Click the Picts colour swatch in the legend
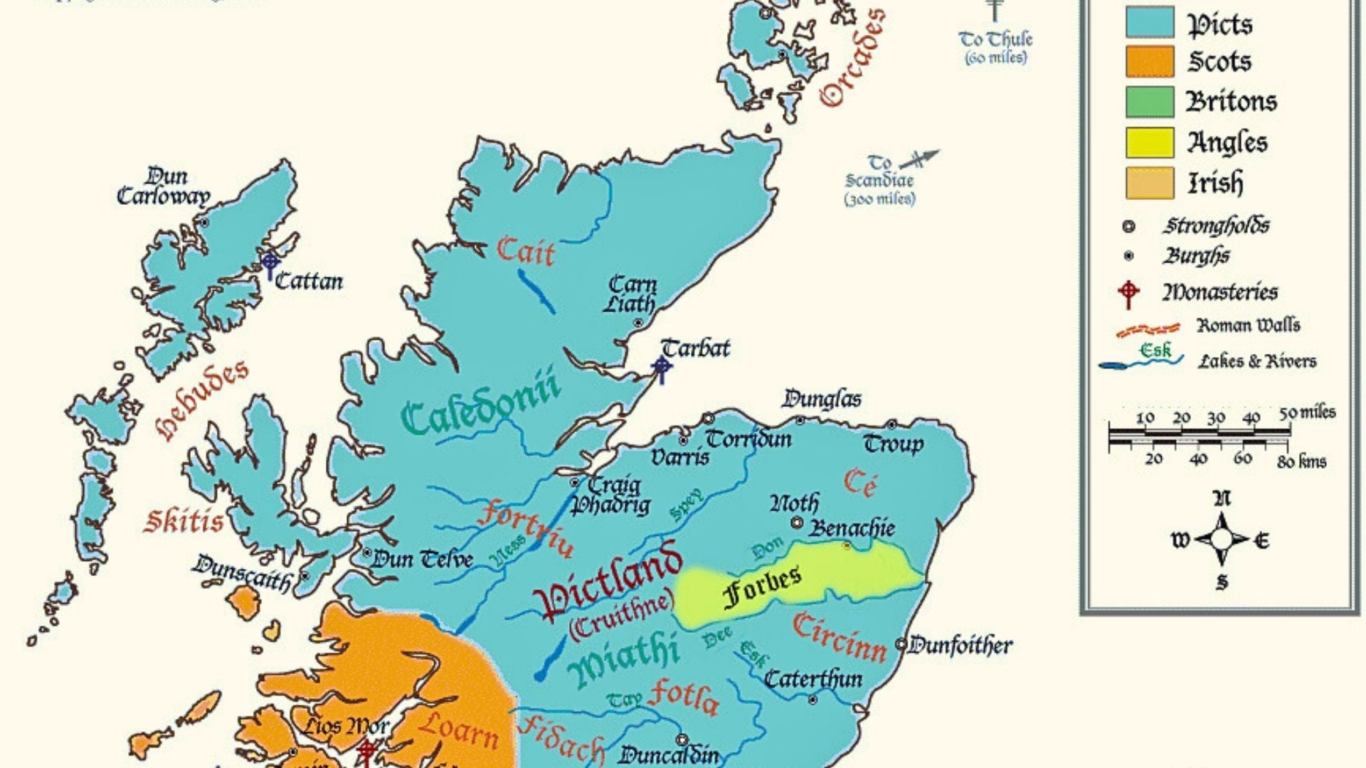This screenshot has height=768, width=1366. tap(1149, 22)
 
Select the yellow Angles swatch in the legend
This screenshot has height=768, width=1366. tap(1149, 143)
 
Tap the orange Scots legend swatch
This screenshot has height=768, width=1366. tap(1149, 62)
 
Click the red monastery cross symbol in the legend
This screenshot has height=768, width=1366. tap(1128, 292)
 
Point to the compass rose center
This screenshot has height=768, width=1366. tap(1222, 540)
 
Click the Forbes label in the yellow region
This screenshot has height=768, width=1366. tap(761, 586)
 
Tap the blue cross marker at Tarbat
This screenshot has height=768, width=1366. tap(662, 368)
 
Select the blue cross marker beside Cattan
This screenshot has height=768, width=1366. tap(270, 265)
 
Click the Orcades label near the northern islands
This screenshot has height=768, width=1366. tap(852, 58)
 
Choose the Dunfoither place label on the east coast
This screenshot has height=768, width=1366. tap(960, 646)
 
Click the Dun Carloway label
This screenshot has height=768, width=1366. tap(164, 186)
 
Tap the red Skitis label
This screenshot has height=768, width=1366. tap(184, 521)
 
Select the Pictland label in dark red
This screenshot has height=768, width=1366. tap(609, 580)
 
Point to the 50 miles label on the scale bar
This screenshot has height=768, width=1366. tap(1308, 413)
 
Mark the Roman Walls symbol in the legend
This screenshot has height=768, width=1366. tap(1146, 329)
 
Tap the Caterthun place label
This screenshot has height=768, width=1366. tap(812, 679)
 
